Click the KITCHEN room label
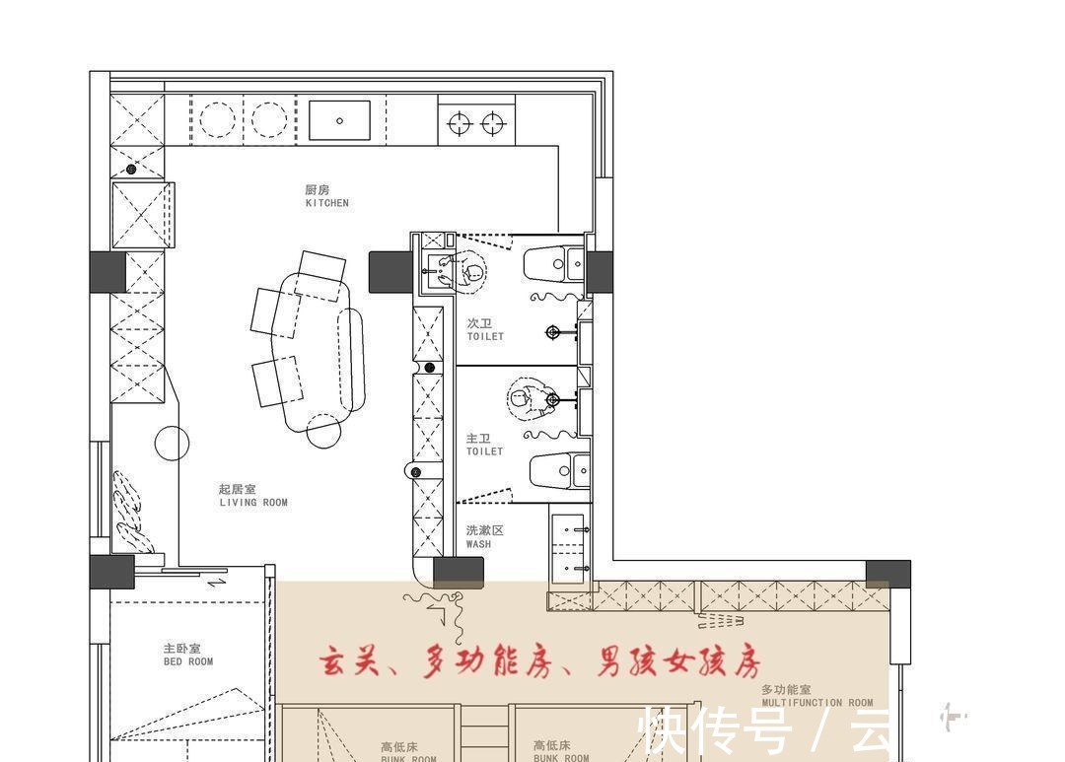325,196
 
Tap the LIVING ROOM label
252,496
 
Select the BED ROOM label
187,655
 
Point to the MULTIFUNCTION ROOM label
816,697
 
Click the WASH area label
484,536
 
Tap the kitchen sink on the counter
339,120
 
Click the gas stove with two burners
474,123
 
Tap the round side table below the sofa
323,430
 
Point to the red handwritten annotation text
538,661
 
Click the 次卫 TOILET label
484,329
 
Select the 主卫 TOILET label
484,445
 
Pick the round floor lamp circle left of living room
172,443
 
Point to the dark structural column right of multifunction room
887,575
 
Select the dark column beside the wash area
459,572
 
